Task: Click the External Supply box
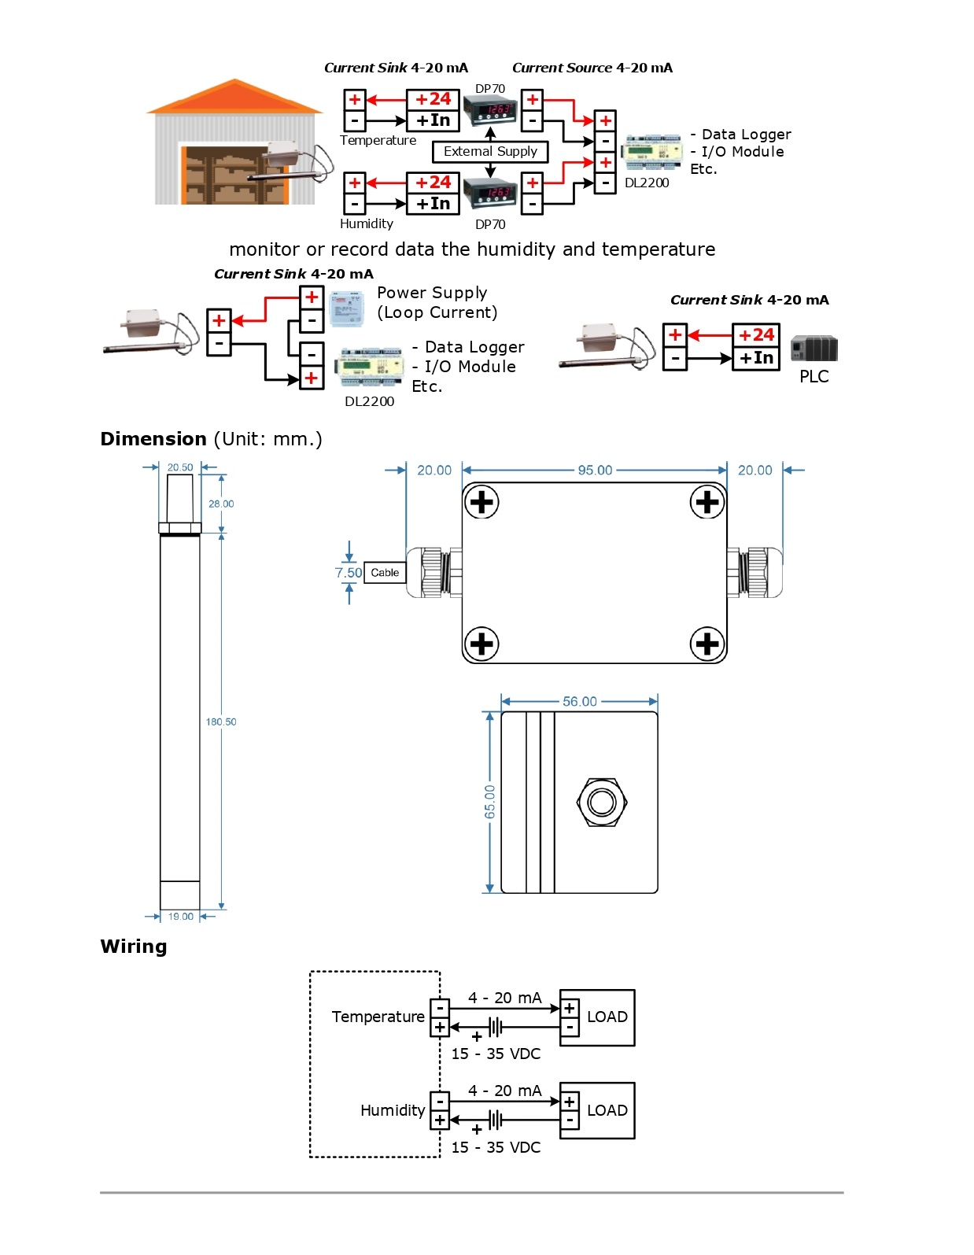[490, 151]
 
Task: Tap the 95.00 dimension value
[595, 470]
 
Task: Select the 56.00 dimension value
[580, 701]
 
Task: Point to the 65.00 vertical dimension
[490, 801]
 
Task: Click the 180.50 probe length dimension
[221, 722]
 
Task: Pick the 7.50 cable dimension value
[348, 573]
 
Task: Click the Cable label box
[385, 573]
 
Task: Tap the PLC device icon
[814, 348]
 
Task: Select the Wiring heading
[134, 947]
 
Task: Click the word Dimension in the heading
[153, 439]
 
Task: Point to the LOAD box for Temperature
[607, 1017]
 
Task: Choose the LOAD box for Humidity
[607, 1110]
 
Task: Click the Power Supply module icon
[346, 308]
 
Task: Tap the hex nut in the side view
[602, 802]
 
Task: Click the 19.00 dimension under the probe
[180, 917]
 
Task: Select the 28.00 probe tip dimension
[221, 504]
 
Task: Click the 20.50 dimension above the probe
[180, 467]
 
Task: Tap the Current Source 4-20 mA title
[592, 68]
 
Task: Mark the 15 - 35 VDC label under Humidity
[496, 1147]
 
